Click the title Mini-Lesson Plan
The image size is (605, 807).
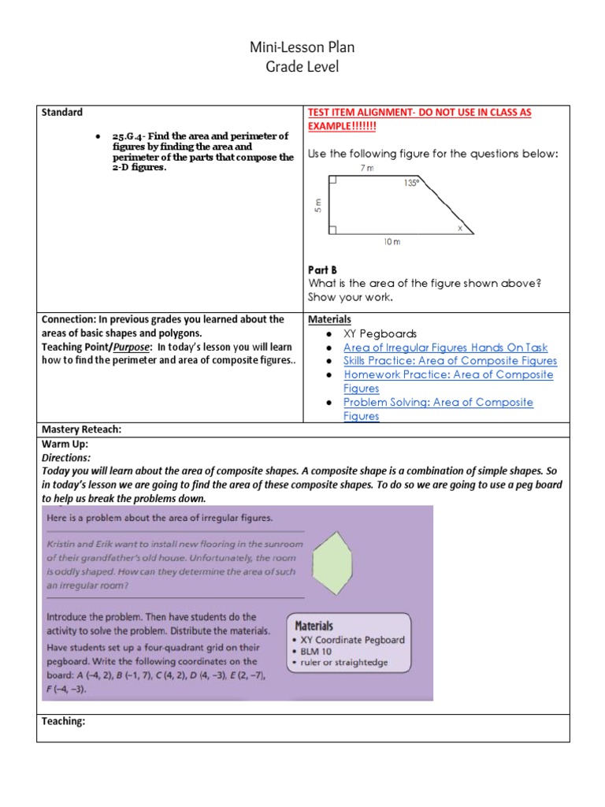[302, 47]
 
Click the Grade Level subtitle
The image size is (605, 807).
[302, 67]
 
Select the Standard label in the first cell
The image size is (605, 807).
[61, 113]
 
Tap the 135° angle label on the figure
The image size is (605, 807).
[410, 183]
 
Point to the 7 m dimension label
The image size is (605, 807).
[366, 169]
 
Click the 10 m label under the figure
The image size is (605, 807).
[392, 242]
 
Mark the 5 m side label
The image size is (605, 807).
[317, 205]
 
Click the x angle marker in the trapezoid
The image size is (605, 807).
[460, 228]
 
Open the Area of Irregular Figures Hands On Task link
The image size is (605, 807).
[445, 348]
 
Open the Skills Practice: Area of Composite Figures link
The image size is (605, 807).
[450, 361]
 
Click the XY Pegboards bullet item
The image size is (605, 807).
[380, 333]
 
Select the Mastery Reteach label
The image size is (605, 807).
[81, 430]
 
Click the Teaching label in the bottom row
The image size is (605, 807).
[63, 721]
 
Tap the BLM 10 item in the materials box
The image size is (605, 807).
[318, 651]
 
